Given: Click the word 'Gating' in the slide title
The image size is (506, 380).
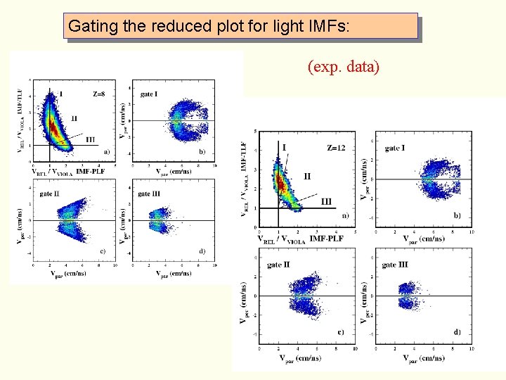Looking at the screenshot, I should click(x=88, y=27).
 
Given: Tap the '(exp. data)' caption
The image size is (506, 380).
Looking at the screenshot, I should click(x=344, y=67).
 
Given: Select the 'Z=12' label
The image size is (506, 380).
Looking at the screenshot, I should click(x=337, y=148).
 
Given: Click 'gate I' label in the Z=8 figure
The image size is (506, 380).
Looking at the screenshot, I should click(x=148, y=94).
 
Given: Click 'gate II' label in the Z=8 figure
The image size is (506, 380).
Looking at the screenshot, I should click(x=49, y=194).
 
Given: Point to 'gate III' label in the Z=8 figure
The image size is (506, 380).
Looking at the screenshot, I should click(x=149, y=194).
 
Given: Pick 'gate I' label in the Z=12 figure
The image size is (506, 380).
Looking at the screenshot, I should click(x=394, y=148).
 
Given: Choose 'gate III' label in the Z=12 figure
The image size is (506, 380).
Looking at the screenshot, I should click(x=395, y=265).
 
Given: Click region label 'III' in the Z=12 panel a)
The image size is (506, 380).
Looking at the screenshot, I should click(x=326, y=202).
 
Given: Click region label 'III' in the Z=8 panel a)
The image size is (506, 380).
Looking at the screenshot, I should click(x=90, y=139).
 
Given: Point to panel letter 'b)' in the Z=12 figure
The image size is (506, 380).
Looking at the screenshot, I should click(x=457, y=215).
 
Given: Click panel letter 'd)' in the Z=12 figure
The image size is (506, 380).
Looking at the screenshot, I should click(x=457, y=331).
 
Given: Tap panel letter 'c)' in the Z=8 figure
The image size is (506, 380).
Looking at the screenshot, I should click(x=103, y=251).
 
